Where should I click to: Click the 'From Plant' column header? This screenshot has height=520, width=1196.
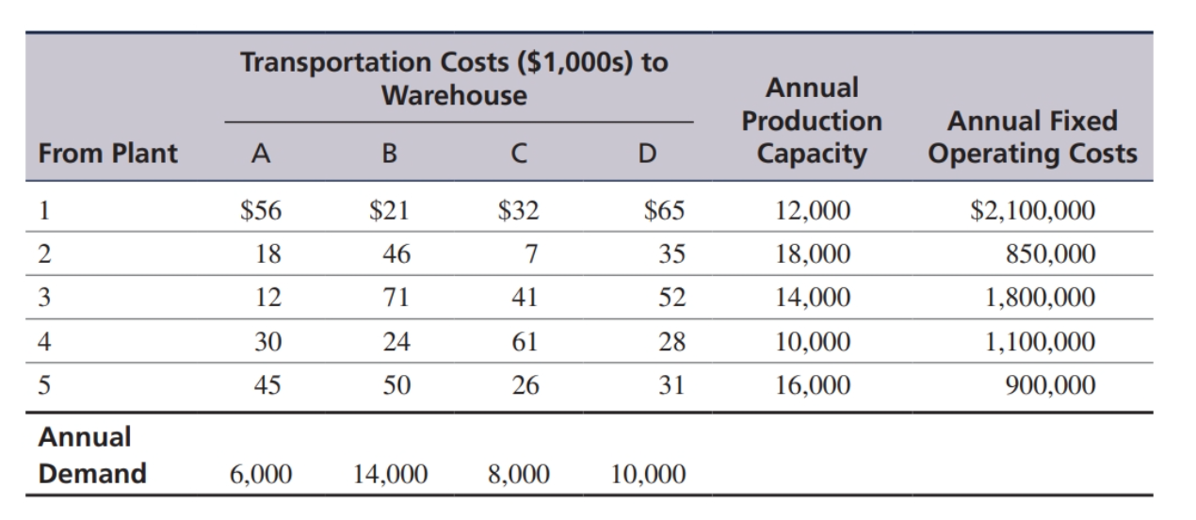click(x=108, y=154)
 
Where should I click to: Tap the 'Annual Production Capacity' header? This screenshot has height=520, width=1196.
click(x=811, y=121)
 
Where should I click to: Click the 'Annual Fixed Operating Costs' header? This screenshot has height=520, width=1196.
click(x=1032, y=138)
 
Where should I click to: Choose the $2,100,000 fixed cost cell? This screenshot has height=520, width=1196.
click(x=1032, y=210)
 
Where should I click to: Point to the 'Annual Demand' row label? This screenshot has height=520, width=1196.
click(x=91, y=455)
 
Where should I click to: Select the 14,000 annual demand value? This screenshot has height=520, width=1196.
click(x=391, y=474)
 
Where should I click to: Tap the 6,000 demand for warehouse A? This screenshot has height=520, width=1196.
click(x=259, y=474)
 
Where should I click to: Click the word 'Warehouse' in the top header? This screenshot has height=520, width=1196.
click(x=454, y=95)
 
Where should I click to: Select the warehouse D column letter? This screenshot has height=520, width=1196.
click(x=646, y=155)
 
